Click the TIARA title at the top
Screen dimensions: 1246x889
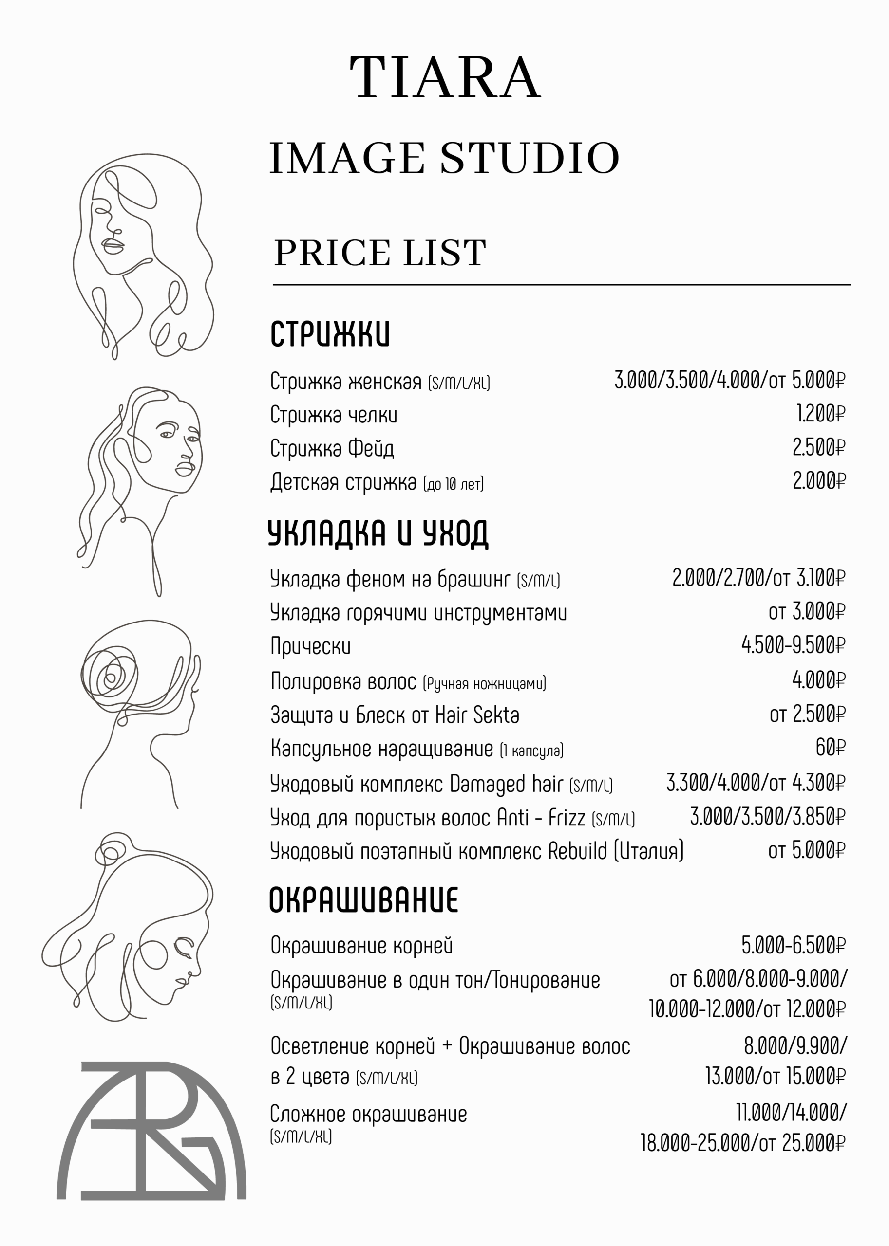[445, 78]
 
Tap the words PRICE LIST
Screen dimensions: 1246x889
[379, 253]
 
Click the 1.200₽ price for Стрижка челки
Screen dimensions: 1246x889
[820, 414]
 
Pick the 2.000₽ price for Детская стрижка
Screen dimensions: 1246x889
[819, 481]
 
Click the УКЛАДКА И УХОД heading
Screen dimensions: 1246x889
[378, 533]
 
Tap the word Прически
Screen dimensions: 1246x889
[310, 646]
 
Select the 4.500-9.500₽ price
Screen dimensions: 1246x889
[793, 645]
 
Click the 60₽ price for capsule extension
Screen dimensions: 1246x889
[830, 747]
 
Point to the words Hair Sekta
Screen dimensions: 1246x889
[477, 715]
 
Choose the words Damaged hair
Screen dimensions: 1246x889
[506, 784]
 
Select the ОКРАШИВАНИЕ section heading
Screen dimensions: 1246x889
[363, 900]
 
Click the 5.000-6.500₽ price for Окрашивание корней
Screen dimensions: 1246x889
[793, 945]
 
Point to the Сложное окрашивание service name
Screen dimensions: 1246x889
[368, 1114]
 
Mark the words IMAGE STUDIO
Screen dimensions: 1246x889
[444, 159]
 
